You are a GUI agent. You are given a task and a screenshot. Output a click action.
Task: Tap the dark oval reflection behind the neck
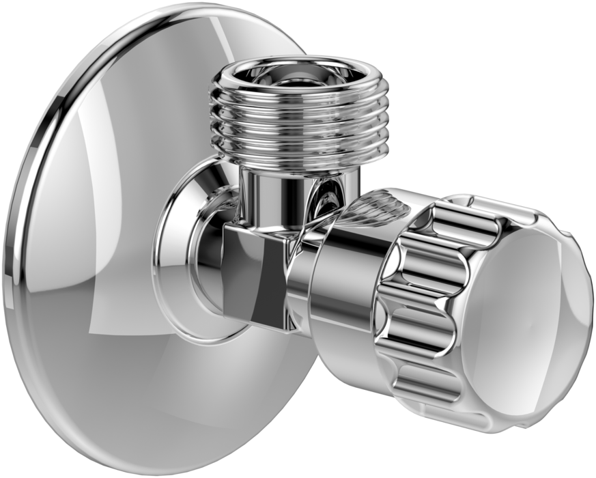point(326,201)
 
